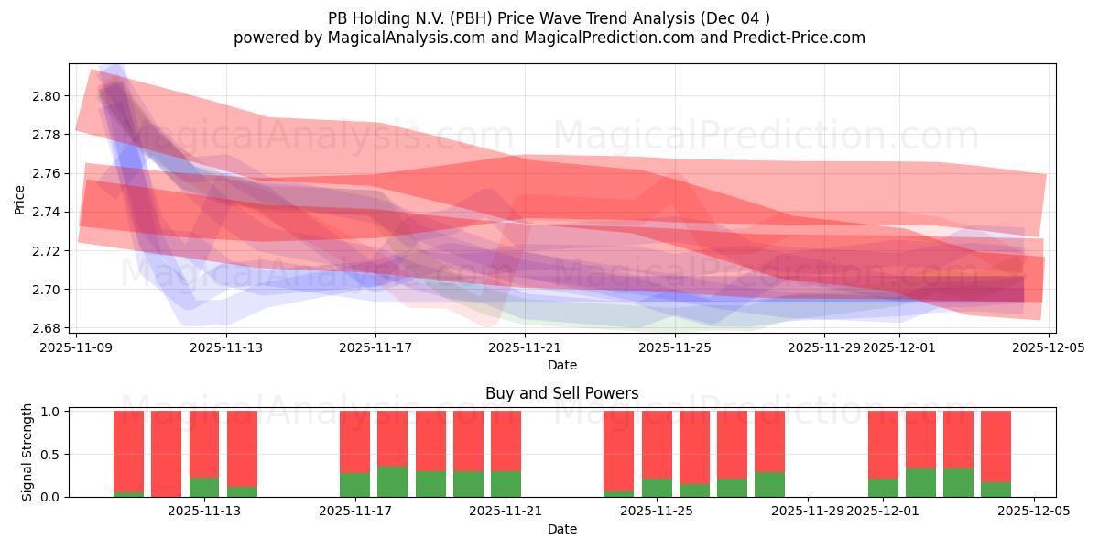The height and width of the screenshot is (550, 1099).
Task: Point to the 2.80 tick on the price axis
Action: click(48, 96)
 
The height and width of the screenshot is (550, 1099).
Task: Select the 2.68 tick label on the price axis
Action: click(48, 328)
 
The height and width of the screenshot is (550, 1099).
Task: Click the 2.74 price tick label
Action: click(48, 212)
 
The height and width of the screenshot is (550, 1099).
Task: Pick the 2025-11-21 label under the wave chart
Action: click(525, 347)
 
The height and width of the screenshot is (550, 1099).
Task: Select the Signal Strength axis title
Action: click(27, 452)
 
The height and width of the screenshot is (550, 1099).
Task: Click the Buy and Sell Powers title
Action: click(561, 393)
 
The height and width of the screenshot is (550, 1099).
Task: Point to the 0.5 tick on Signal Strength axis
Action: click(49, 454)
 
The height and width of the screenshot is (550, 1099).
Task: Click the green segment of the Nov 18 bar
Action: click(392, 482)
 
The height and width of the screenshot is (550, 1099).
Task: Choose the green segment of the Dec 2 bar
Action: click(920, 483)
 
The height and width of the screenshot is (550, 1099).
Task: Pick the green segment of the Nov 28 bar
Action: click(769, 485)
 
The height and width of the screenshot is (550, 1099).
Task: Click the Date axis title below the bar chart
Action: click(561, 529)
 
